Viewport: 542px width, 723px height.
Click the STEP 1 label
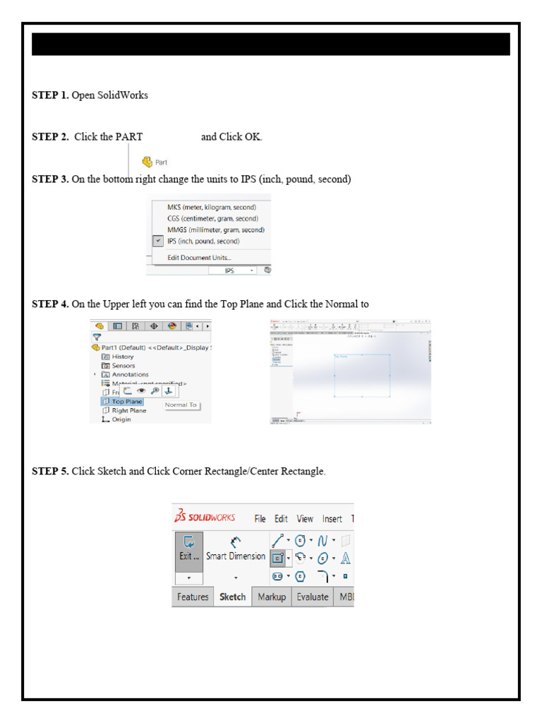pos(50,95)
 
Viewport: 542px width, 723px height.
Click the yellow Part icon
pos(147,162)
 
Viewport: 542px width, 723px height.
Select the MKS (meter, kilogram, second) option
pos(211,208)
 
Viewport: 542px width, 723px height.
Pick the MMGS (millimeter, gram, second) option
pos(215,230)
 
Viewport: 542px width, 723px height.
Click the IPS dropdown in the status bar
pos(234,270)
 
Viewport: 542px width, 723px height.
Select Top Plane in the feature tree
pos(126,402)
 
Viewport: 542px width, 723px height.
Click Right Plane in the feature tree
pos(128,410)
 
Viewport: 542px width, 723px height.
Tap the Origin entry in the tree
pos(121,419)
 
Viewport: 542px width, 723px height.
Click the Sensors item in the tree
pos(124,366)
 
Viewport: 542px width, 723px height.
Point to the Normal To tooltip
pos(181,405)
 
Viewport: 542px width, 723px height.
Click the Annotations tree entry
pos(130,375)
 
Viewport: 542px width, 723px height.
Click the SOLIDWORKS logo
pos(205,517)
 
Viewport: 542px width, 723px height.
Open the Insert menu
pos(332,519)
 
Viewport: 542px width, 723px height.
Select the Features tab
pos(193,597)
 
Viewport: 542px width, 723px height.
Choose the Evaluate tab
pos(312,597)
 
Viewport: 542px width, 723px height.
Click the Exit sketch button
pos(189,548)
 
